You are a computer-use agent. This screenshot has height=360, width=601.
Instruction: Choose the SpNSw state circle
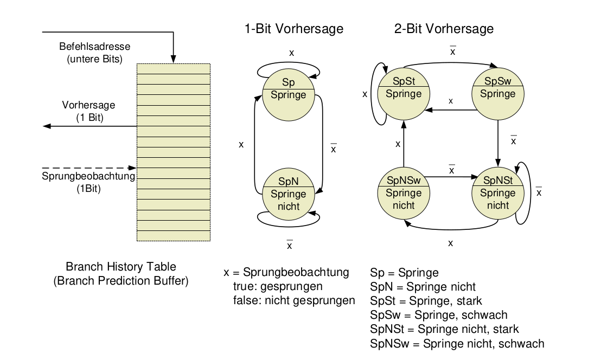(403, 193)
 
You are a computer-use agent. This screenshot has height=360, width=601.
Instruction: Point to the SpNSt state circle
(497, 193)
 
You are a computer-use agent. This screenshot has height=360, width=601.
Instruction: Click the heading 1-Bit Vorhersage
(293, 29)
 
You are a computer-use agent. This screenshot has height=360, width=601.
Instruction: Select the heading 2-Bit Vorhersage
(444, 29)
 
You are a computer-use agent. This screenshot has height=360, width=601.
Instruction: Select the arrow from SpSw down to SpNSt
(498, 140)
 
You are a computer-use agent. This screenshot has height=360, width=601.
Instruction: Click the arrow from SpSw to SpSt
(450, 110)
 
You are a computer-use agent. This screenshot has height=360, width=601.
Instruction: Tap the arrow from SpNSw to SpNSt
(450, 177)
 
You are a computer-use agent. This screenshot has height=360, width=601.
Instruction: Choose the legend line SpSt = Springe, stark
(426, 300)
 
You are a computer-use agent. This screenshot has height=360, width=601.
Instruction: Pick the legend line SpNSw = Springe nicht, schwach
(457, 343)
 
